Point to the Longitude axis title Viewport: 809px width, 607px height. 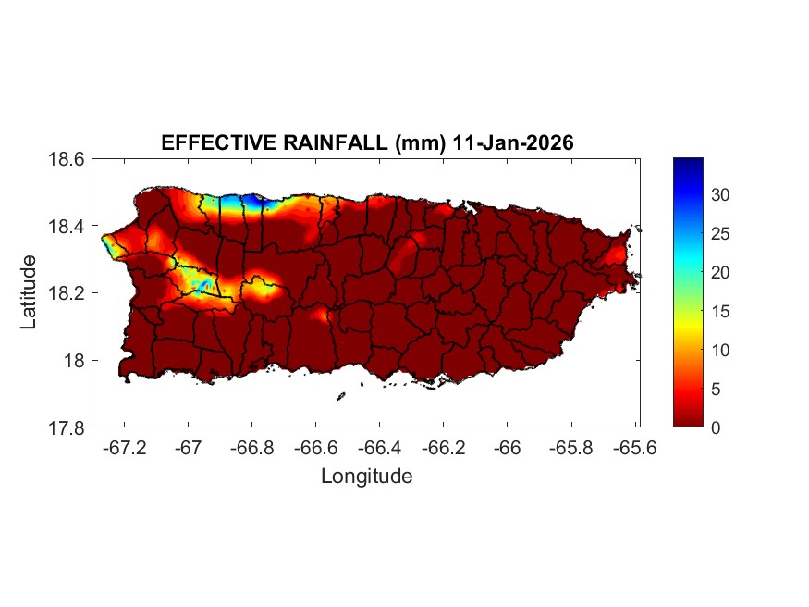366,477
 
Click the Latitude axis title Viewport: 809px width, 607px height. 29,292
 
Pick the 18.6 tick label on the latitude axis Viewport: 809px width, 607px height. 67,159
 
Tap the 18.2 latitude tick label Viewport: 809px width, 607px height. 67,293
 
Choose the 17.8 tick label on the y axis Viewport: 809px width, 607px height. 67,427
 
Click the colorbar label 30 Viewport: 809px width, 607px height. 721,195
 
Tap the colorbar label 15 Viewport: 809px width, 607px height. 721,312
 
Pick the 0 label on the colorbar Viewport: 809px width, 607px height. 717,427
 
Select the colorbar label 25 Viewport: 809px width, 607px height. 721,234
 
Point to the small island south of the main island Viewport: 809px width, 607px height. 340,396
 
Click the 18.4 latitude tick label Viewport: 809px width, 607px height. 67,227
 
